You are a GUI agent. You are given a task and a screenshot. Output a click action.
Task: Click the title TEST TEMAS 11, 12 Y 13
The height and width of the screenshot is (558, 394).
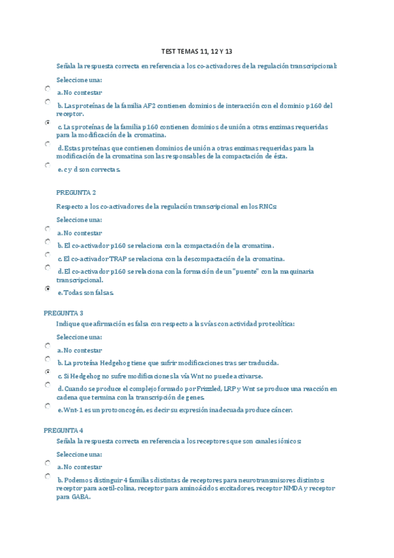coord(197,51)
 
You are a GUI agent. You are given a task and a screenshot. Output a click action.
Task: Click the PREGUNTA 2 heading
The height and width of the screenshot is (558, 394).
coord(76,192)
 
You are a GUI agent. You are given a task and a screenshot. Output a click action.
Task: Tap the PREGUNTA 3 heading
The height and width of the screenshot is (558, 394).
coord(64,313)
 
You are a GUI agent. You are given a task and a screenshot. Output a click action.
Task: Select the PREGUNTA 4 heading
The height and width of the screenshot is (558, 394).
coord(64,430)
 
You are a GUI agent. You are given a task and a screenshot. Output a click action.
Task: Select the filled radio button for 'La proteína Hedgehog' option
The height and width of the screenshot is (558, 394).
coord(48,359)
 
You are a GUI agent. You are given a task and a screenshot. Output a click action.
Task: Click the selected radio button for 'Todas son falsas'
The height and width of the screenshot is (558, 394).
coord(48,288)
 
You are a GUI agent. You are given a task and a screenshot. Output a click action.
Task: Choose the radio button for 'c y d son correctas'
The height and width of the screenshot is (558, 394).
coord(48,165)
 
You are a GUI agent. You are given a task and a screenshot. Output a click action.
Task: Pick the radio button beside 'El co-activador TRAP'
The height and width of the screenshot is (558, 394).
coord(48,255)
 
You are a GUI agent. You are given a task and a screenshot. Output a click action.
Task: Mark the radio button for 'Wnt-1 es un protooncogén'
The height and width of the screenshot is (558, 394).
coord(48,406)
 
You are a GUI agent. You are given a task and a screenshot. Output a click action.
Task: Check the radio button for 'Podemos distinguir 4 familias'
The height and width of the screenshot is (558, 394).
coord(48,475)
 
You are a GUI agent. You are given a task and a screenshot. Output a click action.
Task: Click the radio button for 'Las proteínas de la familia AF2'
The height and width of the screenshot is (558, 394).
coord(48,102)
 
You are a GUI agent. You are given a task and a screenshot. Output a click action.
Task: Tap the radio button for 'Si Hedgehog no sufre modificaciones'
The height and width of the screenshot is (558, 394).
coord(48,372)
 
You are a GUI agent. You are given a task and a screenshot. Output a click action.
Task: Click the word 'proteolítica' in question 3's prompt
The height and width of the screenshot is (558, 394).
coord(274,324)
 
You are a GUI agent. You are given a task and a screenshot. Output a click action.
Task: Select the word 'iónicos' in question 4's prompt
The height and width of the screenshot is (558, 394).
coord(287,442)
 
